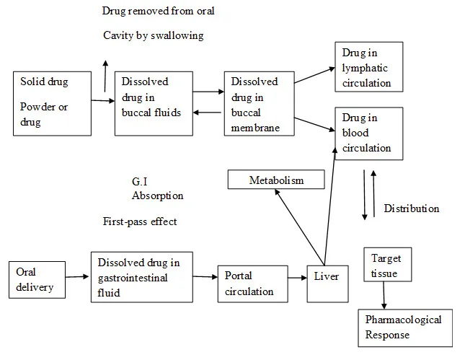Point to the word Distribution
pyautogui.click(x=412, y=208)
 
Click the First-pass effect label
pyautogui.click(x=140, y=221)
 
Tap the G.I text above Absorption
pyautogui.click(x=139, y=181)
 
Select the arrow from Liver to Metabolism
pyautogui.click(x=299, y=227)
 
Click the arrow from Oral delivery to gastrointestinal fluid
pyautogui.click(x=77, y=276)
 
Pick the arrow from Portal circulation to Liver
pyautogui.click(x=298, y=278)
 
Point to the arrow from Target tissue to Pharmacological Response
pyautogui.click(x=384, y=295)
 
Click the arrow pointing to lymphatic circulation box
pyautogui.click(x=314, y=75)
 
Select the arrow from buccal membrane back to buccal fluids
pyautogui.click(x=207, y=113)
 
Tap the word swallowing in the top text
pyautogui.click(x=177, y=35)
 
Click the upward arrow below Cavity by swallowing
pyautogui.click(x=105, y=76)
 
